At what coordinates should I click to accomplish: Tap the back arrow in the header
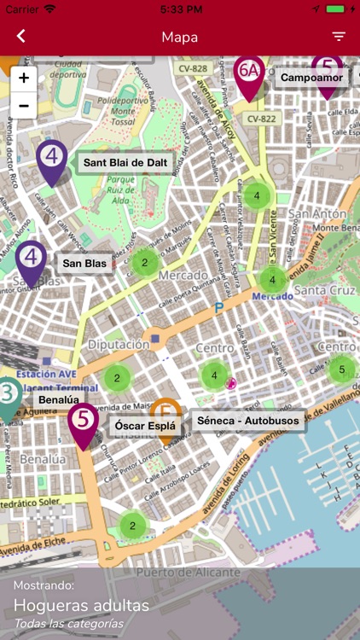[x=21, y=37]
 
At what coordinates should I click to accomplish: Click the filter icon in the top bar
[x=339, y=37]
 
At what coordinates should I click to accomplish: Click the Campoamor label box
[x=312, y=78]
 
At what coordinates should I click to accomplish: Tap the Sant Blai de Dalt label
[x=125, y=162]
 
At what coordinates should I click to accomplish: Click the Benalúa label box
[x=58, y=399]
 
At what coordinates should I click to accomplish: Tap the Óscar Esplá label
[x=145, y=425]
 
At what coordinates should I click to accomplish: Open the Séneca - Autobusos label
[x=247, y=421]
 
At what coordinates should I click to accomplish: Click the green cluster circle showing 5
[x=342, y=369]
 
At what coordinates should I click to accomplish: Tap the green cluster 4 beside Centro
[x=214, y=375]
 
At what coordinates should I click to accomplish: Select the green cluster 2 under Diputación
[x=118, y=377]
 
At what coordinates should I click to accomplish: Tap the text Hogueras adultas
[x=81, y=606]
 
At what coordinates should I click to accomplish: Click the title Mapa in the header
[x=180, y=37]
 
